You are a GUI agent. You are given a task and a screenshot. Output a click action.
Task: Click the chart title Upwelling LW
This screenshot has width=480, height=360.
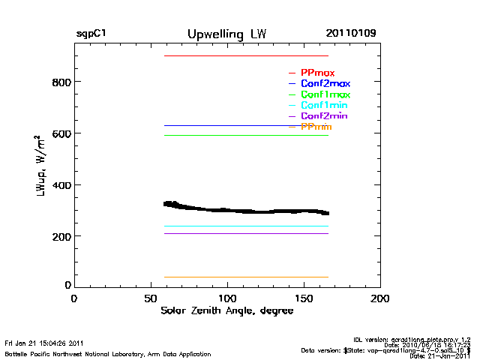pos(226,34)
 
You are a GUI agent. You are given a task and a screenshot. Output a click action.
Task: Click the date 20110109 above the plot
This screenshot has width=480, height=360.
pos(351,34)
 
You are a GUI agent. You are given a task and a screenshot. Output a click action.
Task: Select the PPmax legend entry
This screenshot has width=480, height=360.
pos(317,73)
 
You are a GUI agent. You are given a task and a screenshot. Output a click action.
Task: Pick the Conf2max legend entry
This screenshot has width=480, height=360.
pos(325,83)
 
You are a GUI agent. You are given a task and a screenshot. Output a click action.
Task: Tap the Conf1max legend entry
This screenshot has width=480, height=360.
pos(325,94)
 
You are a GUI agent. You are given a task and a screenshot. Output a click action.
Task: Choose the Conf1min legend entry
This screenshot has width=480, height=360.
pos(323,106)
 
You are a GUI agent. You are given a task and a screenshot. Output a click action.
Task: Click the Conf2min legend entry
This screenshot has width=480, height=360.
pos(323,116)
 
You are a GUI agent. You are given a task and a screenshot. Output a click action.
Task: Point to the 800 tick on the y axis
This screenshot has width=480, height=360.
pos(61,82)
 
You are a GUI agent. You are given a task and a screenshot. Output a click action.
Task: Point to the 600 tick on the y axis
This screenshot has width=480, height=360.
pos(61,133)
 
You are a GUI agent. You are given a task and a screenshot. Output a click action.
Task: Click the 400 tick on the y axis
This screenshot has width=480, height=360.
pos(61,185)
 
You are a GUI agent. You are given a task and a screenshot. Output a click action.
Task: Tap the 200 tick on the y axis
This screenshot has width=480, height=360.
pos(61,237)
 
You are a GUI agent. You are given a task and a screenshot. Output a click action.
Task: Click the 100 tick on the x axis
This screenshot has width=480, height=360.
pos(227,298)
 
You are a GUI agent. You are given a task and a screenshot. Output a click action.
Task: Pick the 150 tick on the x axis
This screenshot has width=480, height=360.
pos(304,298)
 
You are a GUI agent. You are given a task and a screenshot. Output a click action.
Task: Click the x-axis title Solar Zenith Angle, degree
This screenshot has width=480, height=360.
pos(226,310)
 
